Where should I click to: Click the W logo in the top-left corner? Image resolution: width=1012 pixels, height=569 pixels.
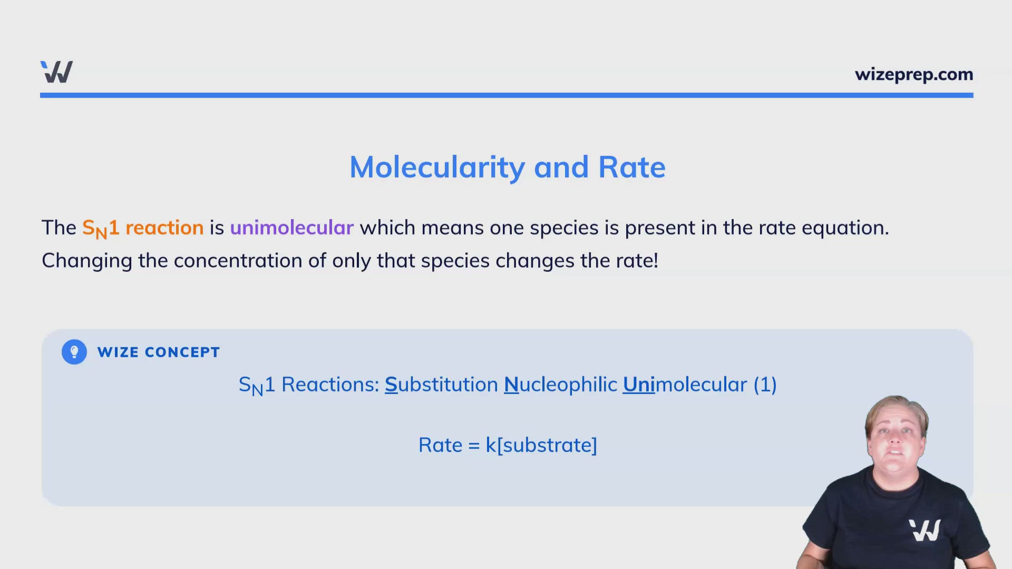56,72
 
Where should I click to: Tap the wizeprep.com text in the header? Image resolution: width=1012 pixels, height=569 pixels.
913,75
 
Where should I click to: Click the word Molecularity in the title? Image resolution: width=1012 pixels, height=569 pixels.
437,168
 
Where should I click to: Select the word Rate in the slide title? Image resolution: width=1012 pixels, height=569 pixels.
631,168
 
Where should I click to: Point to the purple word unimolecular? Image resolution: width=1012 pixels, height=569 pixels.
291,228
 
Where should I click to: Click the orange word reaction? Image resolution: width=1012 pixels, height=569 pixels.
164,228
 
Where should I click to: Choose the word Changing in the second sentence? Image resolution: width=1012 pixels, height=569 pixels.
86,261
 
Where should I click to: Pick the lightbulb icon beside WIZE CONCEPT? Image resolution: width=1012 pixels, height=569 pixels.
74,352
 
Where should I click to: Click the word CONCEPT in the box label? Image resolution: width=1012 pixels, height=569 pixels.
182,352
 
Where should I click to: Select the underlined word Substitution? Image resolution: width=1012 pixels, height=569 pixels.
441,385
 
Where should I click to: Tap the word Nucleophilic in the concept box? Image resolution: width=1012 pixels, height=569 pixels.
560,385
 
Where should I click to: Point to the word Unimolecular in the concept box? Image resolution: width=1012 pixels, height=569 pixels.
685,385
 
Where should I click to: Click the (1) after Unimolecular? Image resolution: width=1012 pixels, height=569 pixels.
765,385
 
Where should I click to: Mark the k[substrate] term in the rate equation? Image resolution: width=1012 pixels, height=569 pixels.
541,445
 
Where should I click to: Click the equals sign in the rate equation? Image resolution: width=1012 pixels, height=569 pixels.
474,446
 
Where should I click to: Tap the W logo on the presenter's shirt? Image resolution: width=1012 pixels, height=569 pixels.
925,530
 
